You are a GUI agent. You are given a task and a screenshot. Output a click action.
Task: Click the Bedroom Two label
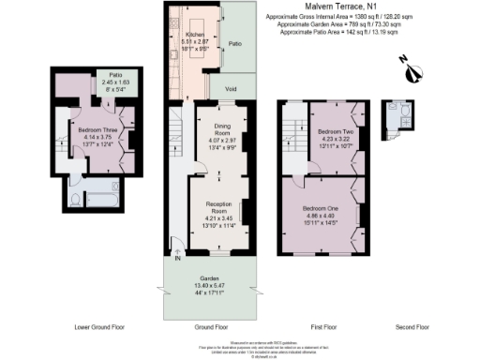334,132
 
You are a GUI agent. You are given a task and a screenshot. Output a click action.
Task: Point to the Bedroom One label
322,206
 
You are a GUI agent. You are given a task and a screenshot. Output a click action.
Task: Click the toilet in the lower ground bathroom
74,199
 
